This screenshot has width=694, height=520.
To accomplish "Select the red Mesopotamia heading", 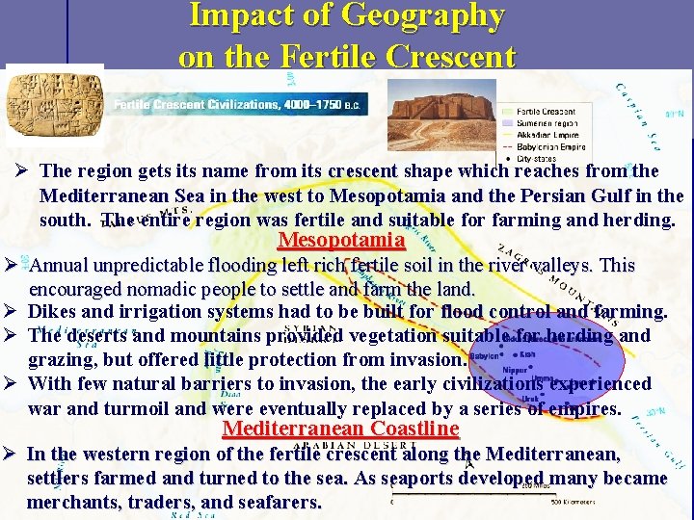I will click(340, 240).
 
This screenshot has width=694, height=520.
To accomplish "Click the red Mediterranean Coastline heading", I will click(340, 428).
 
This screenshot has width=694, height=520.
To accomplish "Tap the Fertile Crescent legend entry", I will click(546, 112).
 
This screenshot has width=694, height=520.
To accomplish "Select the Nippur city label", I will click(515, 369).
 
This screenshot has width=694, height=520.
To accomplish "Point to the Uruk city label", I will click(529, 398).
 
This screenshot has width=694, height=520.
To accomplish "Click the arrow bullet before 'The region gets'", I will click(23, 171).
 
